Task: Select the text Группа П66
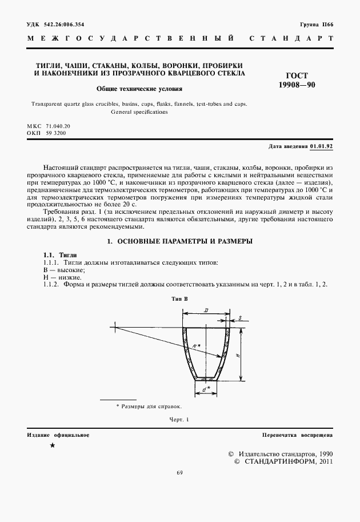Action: tap(316, 25)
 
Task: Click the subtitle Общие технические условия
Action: tap(139, 89)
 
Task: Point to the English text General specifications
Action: tap(139, 112)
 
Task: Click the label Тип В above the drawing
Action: tap(179, 298)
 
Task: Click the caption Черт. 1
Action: tap(179, 420)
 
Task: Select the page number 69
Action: tap(179, 472)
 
